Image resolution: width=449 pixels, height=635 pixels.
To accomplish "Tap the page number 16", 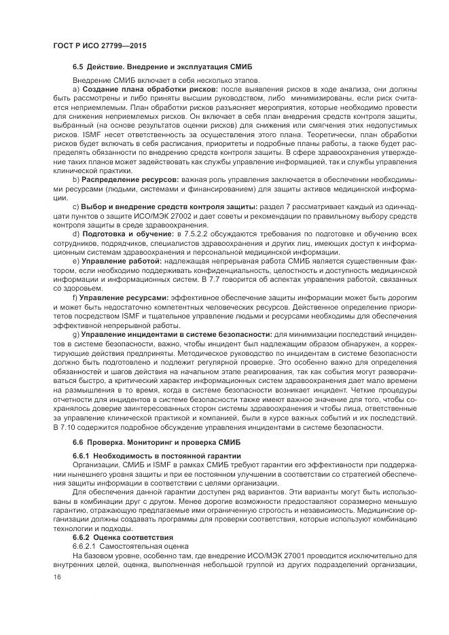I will click(57, 577).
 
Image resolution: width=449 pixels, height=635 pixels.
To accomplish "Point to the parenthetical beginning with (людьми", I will click(166, 187).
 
